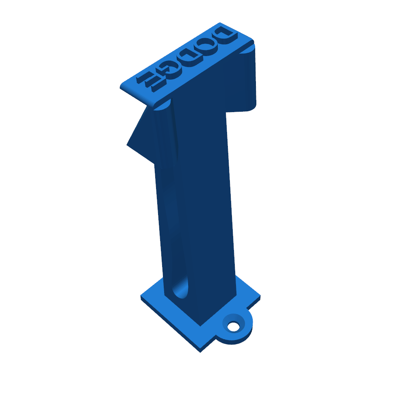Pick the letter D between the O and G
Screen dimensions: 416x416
click(189, 57)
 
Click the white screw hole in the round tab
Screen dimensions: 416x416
click(234, 327)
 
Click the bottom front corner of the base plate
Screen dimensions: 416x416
click(200, 352)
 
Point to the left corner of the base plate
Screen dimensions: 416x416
click(141, 295)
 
